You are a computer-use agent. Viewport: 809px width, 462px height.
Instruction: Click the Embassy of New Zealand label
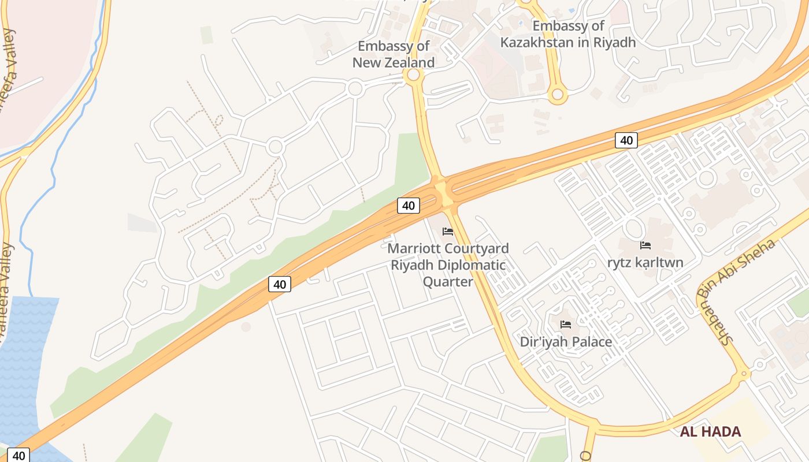click(394, 54)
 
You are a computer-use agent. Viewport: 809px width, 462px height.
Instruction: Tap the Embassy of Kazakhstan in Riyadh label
click(568, 34)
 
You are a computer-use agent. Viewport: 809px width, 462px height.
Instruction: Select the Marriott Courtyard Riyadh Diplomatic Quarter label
click(448, 265)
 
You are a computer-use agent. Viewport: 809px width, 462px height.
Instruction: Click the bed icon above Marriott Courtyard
click(447, 232)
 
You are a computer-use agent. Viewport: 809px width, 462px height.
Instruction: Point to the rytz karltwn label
click(645, 263)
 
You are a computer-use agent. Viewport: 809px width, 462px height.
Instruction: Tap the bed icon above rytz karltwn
click(645, 245)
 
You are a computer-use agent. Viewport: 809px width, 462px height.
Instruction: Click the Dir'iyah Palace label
click(566, 342)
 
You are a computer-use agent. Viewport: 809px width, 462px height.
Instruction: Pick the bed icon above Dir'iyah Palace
click(566, 324)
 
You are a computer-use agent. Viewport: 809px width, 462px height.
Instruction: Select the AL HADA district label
click(710, 431)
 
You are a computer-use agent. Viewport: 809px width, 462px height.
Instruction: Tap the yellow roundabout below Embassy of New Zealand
click(413, 75)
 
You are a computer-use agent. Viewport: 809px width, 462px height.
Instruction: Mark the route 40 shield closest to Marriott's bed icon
click(409, 206)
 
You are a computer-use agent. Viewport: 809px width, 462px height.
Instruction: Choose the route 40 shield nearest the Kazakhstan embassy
click(626, 140)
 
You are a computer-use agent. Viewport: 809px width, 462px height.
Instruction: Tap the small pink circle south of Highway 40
click(246, 327)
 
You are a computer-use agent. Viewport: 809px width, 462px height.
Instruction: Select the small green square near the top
click(206, 35)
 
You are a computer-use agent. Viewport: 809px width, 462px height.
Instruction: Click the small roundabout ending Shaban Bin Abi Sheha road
click(744, 374)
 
